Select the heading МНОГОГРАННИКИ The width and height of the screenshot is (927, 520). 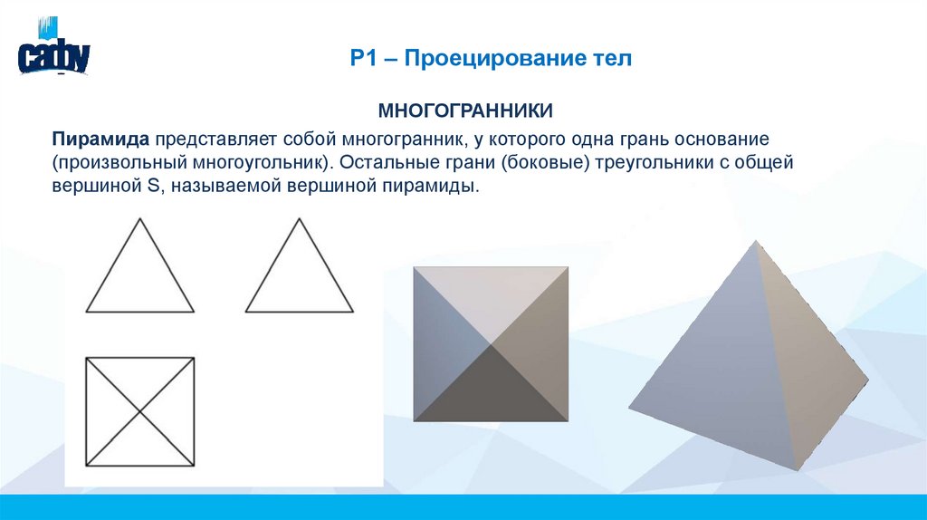(x=465, y=111)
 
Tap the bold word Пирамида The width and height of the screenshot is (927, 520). (x=100, y=140)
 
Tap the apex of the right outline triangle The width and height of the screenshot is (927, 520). (x=300, y=218)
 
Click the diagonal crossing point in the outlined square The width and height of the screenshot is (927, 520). (x=140, y=412)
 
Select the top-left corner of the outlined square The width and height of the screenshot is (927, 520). (x=86, y=358)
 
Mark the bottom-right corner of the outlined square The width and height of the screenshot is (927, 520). (x=195, y=466)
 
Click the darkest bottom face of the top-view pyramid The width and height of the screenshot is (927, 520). (x=491, y=390)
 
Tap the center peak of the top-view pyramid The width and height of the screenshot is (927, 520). (x=491, y=344)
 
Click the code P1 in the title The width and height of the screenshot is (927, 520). (x=363, y=60)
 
